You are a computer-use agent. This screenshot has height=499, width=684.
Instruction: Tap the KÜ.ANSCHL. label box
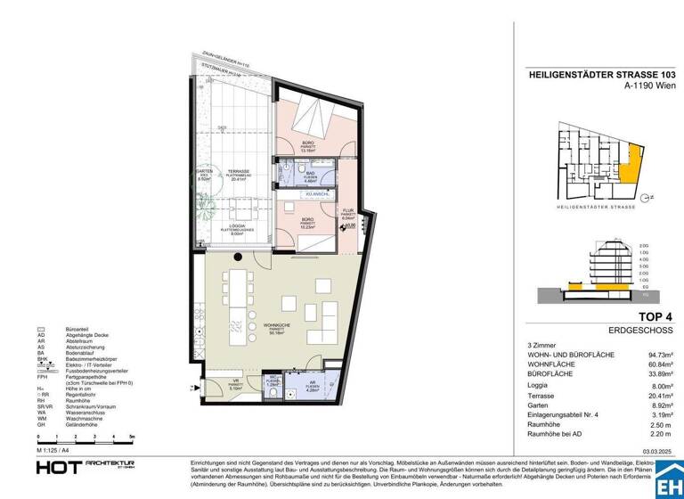pos(318,193)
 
